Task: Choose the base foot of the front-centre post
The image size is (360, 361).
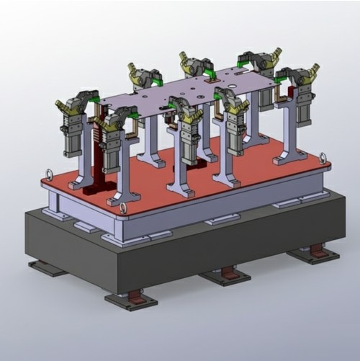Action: tap(180, 191)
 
